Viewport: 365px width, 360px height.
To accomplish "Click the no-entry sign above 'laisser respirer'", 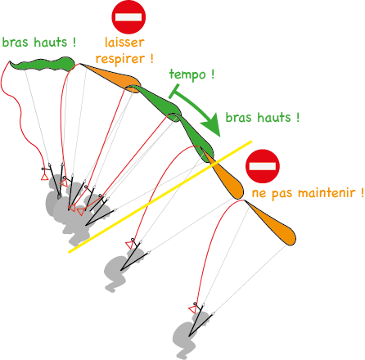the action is coord(128,17).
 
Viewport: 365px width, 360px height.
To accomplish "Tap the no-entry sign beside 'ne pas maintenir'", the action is coord(263,166).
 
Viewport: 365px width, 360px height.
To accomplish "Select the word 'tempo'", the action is coord(187,74).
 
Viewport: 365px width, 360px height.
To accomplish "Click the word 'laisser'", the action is coord(124,43).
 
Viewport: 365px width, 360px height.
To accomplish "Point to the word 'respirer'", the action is coord(120,59).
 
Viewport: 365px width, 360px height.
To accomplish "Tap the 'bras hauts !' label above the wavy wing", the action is coord(39,43).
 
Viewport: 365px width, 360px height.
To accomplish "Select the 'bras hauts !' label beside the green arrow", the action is coord(263,118).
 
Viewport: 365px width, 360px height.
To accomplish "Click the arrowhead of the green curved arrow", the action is coord(213,124).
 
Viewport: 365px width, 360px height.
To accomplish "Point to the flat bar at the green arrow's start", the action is coord(174,91).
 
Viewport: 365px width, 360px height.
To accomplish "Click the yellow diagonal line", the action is coord(160,197).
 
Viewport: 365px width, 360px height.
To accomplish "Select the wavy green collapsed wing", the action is coord(43,65).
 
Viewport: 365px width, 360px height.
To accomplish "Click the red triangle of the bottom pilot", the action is coord(192,309).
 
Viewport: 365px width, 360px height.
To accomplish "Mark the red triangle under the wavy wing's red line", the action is coord(44,177).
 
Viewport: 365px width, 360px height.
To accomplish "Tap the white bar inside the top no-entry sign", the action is coord(128,17).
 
